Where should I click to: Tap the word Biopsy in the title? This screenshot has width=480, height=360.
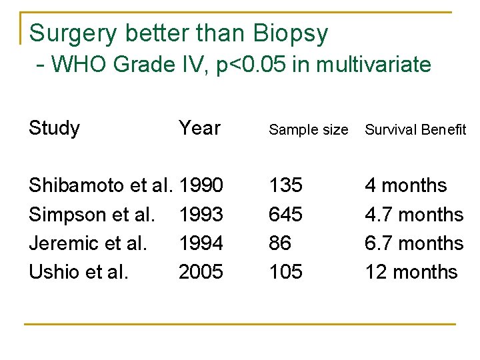pos(291,33)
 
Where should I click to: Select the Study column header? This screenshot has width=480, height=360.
pos(55,128)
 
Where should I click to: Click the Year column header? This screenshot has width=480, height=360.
pos(200,128)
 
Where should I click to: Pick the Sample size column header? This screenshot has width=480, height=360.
pos(308,130)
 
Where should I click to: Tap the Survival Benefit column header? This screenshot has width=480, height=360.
pos(415,130)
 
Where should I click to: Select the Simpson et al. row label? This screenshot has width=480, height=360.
pos(92,215)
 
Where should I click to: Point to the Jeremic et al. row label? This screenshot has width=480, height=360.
pos(88,243)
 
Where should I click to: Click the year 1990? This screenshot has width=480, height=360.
pos(201,185)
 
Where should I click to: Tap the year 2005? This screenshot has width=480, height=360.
pos(201,272)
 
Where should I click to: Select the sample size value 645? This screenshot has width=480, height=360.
pos(285,215)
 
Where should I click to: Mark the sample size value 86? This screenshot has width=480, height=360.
pos(280,243)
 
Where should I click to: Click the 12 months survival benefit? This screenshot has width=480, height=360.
pos(411,272)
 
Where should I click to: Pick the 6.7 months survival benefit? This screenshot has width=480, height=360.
pos(414,243)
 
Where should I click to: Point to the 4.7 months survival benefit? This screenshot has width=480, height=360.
pos(414,215)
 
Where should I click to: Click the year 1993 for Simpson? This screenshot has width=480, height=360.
pos(201,215)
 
